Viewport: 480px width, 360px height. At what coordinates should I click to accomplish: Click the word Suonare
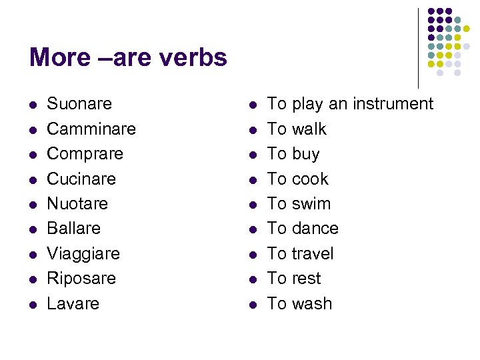point(79,104)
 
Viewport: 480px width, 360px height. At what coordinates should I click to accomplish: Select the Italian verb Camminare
point(91,129)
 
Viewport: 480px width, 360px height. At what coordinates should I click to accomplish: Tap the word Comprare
point(85,154)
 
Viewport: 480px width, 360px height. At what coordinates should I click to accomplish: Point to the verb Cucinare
point(81,179)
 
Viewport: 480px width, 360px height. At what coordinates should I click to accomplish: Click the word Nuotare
point(77,203)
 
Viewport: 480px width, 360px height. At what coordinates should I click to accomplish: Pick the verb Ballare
point(73,229)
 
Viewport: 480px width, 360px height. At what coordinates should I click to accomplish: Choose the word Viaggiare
point(83,254)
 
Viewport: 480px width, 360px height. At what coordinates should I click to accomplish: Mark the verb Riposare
point(81,279)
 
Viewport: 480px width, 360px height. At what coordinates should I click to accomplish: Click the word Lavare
point(73,303)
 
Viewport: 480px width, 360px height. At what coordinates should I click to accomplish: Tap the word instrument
point(392,104)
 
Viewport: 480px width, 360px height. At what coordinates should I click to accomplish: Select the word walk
point(309,129)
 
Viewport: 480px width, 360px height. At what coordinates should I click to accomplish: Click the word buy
point(305,155)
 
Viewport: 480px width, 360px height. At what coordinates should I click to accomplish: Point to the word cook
point(310,179)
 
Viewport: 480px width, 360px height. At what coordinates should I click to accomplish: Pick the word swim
point(311,203)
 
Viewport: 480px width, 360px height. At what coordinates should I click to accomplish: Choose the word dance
point(315,229)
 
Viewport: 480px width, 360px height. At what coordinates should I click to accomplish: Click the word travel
point(313,254)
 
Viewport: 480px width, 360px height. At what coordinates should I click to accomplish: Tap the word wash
point(312,303)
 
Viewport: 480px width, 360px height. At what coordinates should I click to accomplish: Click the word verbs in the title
point(193,58)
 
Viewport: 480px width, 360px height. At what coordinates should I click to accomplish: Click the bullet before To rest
point(252,279)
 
